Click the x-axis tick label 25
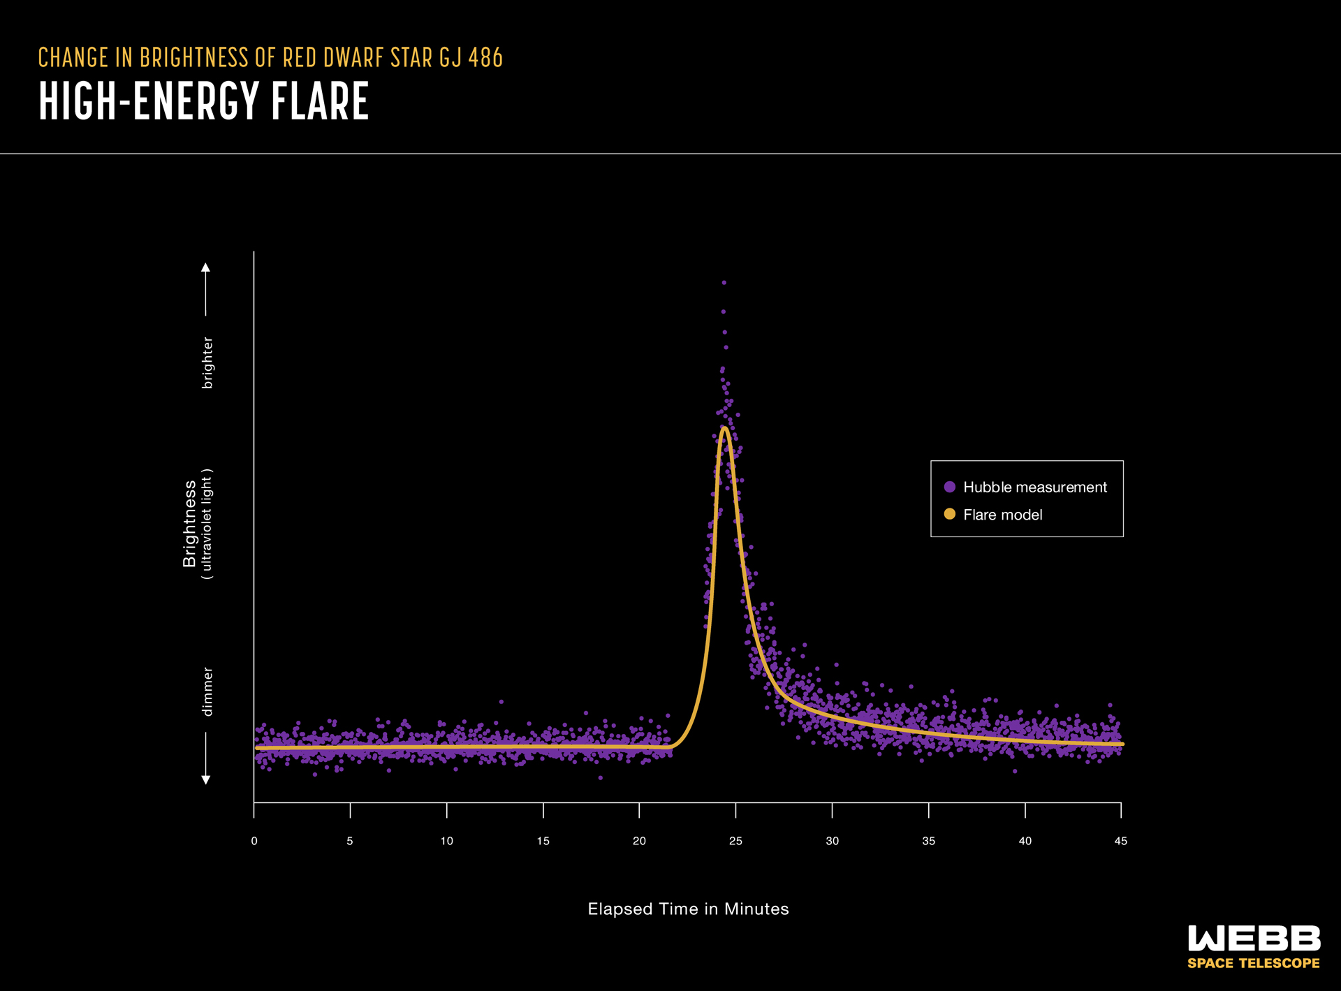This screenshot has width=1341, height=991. [x=735, y=841]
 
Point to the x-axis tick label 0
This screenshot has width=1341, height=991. [x=254, y=841]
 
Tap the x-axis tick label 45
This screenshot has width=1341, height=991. [x=1120, y=841]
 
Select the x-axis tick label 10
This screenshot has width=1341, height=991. [x=446, y=841]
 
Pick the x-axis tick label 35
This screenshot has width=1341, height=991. [x=928, y=841]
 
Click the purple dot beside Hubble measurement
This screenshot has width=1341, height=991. [x=949, y=487]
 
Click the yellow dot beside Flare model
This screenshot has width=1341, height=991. [x=949, y=514]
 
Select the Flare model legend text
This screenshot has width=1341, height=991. [x=1002, y=515]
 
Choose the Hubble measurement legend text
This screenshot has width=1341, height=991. [x=1034, y=487]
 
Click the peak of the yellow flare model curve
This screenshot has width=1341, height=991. [x=725, y=428]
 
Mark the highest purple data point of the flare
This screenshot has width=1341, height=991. [x=724, y=283]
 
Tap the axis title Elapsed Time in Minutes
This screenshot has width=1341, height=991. [x=688, y=909]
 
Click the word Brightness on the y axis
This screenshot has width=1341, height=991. [x=189, y=523]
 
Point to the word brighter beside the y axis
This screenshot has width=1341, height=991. [x=207, y=362]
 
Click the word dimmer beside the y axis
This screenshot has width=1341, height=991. [x=207, y=691]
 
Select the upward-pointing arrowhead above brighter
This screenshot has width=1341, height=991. [x=205, y=267]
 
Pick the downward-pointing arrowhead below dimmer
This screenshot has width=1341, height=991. [x=205, y=779]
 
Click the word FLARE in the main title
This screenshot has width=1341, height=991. [x=320, y=101]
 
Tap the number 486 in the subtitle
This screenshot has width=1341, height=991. [x=485, y=58]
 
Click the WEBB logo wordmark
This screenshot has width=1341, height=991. [x=1254, y=939]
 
